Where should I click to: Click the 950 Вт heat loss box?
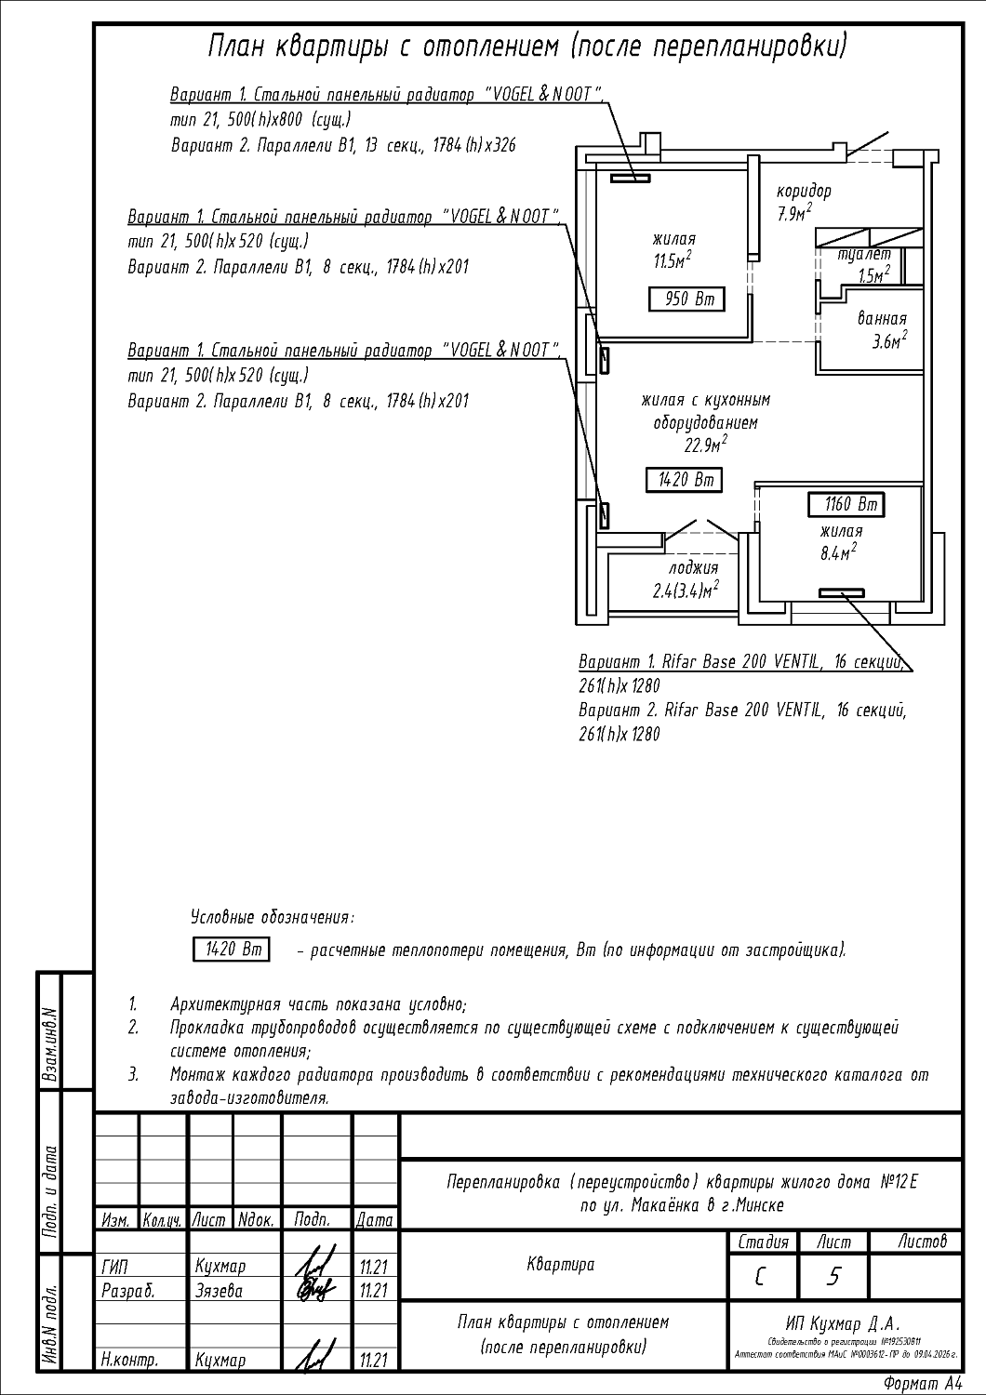tap(686, 299)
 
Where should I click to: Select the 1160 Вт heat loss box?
tap(846, 505)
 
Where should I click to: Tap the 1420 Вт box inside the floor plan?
tap(684, 480)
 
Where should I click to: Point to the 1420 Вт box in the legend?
tap(231, 950)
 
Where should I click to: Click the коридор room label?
tap(805, 192)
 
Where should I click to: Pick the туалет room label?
tap(864, 254)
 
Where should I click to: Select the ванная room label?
tap(882, 319)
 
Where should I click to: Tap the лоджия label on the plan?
tap(693, 568)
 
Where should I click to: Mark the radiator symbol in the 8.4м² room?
tap(841, 593)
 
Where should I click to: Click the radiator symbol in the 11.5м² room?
tap(630, 178)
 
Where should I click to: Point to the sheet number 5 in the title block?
tap(833, 1277)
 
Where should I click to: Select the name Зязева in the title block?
tap(220, 1291)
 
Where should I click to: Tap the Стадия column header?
tap(763, 1242)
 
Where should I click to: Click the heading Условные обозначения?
tap(272, 918)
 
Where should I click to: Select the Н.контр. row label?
tap(129, 1360)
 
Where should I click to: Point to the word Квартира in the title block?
tap(560, 1265)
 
